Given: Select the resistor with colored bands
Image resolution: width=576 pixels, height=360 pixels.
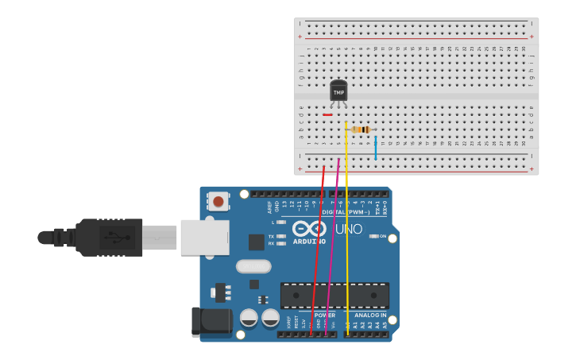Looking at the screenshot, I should click(361, 130).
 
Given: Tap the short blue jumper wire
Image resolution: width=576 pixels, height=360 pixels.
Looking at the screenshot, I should click(376, 148).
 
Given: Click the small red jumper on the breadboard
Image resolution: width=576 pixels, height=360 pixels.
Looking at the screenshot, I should click(327, 114).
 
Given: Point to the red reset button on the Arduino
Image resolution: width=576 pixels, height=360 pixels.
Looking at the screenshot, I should click(218, 201).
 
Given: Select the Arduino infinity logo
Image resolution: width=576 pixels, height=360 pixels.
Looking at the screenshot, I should click(310, 228).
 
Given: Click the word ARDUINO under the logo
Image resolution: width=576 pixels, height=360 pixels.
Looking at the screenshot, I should click(309, 241).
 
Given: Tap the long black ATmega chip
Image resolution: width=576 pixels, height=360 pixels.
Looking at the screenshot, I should click(334, 296).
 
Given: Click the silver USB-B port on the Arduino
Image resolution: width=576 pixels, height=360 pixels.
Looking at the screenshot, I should click(204, 237).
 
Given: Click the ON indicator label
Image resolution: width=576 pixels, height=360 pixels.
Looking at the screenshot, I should click(382, 236).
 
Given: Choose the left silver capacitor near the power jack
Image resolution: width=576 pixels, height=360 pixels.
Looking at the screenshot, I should click(249, 319).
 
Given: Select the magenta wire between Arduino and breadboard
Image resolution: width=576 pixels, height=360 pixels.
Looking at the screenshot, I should click(334, 238).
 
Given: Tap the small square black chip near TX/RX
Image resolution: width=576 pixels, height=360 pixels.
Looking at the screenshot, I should click(256, 242).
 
